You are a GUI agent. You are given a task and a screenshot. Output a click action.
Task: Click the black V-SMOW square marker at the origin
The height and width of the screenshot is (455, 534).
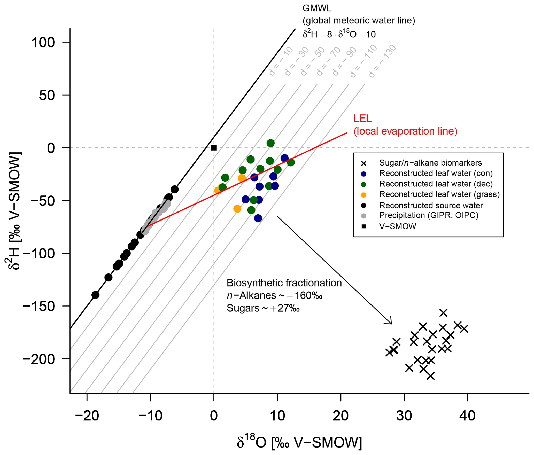click(214, 148)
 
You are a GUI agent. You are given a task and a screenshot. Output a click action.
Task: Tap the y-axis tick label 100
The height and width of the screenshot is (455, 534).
click(43, 42)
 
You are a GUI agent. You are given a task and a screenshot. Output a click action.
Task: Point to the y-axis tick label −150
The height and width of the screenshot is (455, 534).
click(39, 306)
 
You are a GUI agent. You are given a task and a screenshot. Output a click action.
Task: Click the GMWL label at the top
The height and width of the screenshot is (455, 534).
click(317, 9)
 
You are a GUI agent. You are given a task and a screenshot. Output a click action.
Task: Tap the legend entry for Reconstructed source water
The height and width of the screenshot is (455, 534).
click(431, 206)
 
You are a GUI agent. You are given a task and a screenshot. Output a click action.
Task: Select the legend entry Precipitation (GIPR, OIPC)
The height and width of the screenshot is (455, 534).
click(429, 215)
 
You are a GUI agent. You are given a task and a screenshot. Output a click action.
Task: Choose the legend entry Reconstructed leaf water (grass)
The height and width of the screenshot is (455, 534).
click(439, 194)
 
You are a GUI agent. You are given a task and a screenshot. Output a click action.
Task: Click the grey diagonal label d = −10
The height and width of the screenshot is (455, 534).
click(281, 61)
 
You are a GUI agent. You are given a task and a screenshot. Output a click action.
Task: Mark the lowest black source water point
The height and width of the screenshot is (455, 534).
click(95, 295)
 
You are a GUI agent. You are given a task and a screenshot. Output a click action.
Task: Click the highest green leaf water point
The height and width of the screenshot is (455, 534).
click(270, 143)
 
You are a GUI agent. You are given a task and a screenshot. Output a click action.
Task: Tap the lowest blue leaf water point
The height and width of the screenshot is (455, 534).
click(258, 218)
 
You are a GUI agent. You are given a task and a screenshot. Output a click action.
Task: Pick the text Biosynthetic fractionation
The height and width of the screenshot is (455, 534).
click(284, 283)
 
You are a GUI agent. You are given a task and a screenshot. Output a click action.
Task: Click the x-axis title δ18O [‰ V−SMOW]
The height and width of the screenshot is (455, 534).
click(299, 442)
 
